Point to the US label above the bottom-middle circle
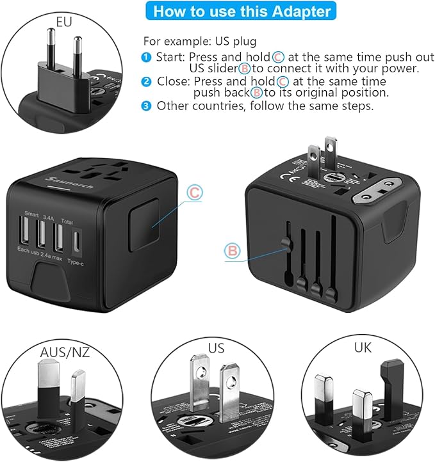click(217, 348)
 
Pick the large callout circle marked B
click(232, 251)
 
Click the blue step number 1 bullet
click(147, 58)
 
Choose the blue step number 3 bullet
click(147, 106)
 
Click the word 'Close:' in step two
click(171, 82)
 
